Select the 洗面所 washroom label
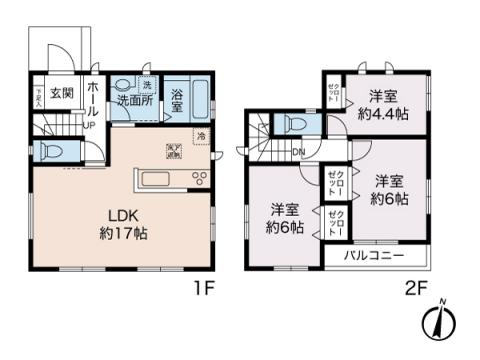click(133, 101)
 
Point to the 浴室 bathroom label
click(177, 100)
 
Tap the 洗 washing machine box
click(146, 84)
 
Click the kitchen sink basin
click(158, 180)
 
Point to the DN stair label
click(298, 152)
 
